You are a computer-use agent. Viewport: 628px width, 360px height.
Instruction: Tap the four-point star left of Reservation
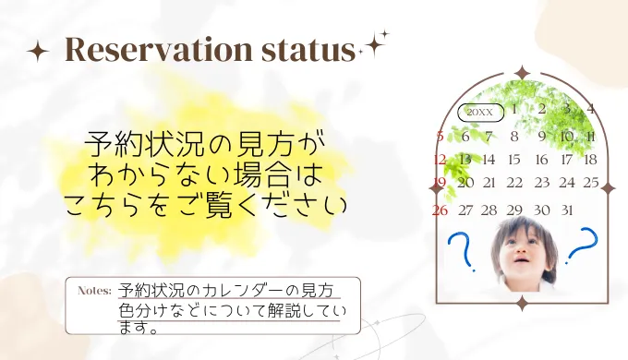(x=38, y=52)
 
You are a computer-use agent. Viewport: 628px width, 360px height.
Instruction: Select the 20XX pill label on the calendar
(x=480, y=113)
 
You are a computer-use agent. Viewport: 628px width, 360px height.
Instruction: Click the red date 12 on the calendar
(x=440, y=160)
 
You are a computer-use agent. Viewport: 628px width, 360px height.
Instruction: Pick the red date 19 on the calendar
(x=440, y=183)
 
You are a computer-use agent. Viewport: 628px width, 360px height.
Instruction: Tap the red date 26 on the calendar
(x=441, y=210)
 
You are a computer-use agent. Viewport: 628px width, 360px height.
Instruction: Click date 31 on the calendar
(x=566, y=210)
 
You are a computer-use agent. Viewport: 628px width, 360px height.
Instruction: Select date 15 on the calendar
(x=514, y=160)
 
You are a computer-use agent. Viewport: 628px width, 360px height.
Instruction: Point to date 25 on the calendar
(x=591, y=183)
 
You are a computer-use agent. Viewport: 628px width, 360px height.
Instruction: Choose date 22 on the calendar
(x=514, y=183)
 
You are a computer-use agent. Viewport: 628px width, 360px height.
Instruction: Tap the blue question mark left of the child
(x=458, y=251)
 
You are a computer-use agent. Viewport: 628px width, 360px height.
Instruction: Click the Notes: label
(x=94, y=290)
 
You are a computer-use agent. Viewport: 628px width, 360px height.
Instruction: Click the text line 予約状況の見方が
(x=205, y=144)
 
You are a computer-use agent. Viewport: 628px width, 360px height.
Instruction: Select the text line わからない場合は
(x=206, y=173)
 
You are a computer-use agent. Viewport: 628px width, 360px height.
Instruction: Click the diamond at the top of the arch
(x=522, y=72)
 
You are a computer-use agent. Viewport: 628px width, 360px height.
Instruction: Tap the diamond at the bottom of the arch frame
(x=522, y=303)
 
